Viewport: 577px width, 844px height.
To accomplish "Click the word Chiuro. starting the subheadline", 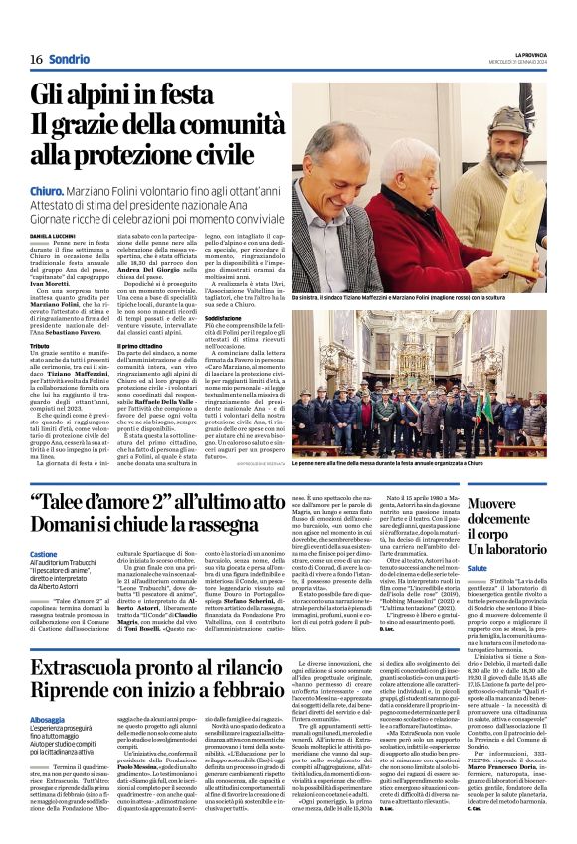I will click(x=46, y=188).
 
